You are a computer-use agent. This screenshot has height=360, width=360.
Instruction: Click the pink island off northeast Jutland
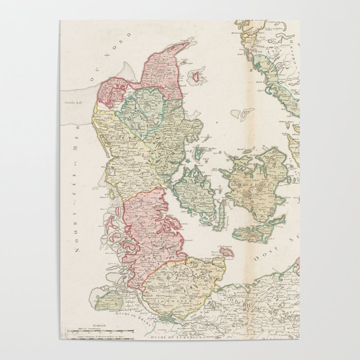[x=195, y=78]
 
